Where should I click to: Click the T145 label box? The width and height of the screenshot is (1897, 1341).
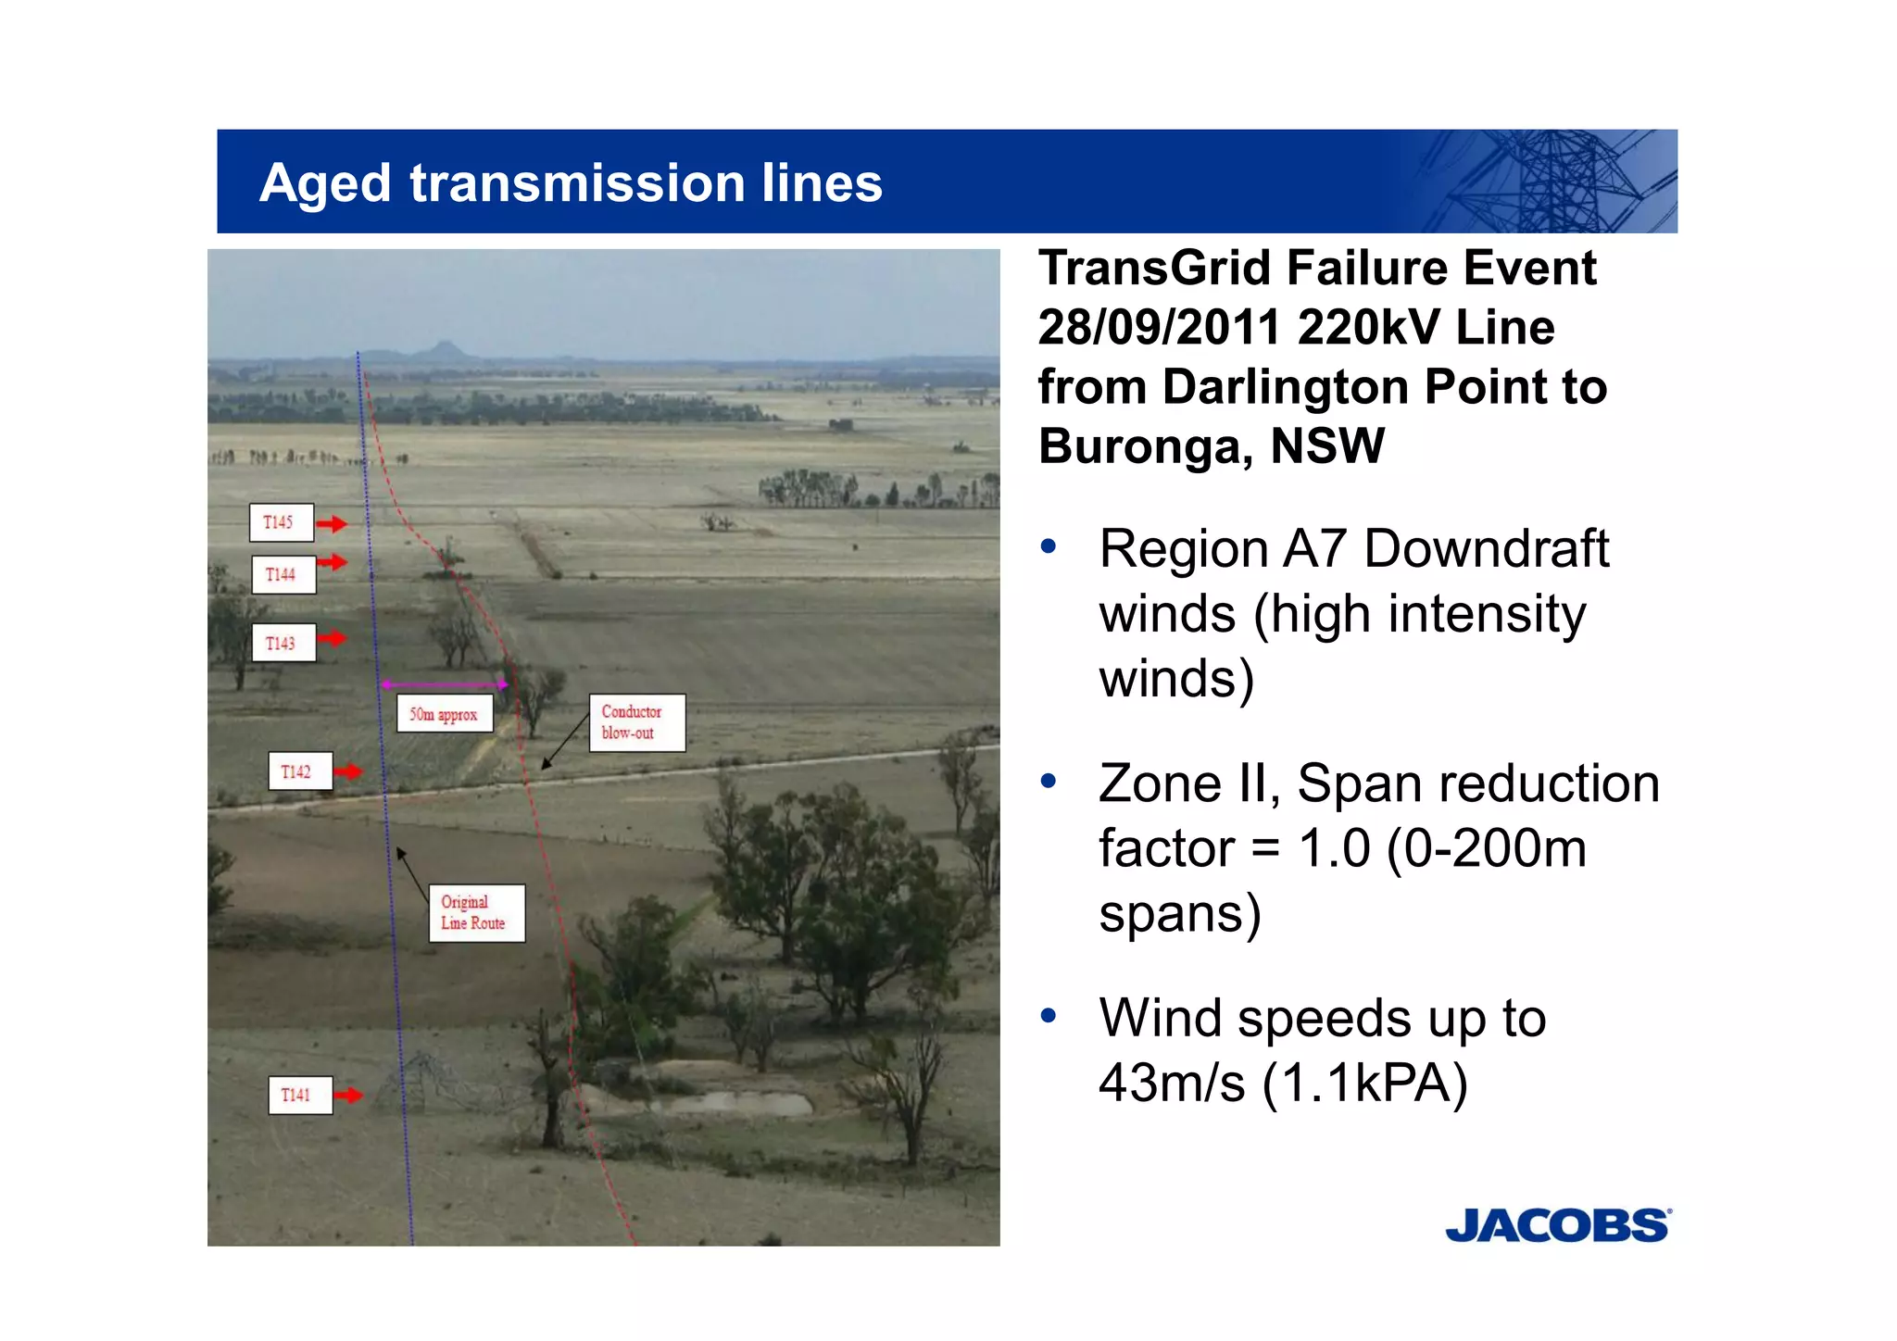pos(281,522)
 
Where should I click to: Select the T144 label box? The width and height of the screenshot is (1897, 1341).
pos(283,574)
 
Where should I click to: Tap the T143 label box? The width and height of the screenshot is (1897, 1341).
pos(283,643)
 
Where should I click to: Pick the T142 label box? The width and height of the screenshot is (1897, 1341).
pos(299,771)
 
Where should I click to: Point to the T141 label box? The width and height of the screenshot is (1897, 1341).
pos(299,1095)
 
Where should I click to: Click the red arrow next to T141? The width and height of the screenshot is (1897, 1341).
pos(348,1096)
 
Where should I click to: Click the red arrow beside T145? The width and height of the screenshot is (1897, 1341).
pos(332,524)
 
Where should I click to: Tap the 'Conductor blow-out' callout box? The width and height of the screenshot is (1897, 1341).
pos(636,722)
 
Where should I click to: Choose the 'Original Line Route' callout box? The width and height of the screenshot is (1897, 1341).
pos(476,912)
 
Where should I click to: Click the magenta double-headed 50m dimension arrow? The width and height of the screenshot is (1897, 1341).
pos(444,685)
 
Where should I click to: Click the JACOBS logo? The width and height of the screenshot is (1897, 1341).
pos(1557,1225)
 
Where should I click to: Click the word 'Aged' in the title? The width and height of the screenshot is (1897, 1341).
pos(325,183)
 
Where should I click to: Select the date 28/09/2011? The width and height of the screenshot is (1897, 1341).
pos(1159,328)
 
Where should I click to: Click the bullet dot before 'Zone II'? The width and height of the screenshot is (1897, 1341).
pos(1049,782)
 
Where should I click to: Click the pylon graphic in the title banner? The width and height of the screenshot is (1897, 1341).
pos(1556,182)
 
